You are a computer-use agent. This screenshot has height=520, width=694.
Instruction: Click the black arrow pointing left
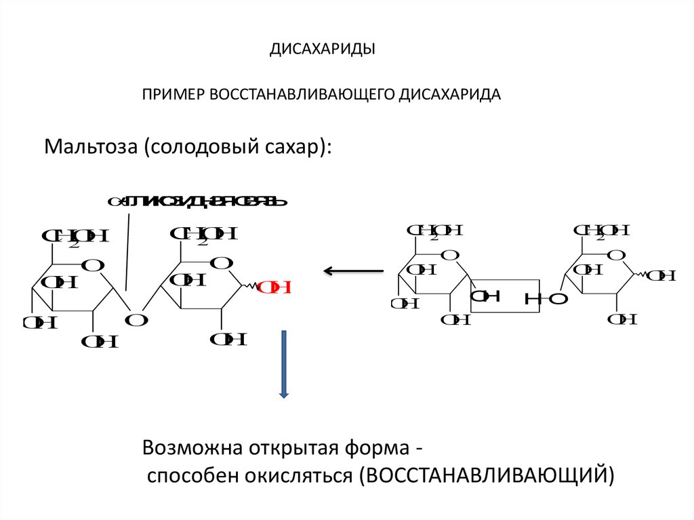click(352, 272)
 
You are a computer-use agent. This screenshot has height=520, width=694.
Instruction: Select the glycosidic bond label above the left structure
click(197, 201)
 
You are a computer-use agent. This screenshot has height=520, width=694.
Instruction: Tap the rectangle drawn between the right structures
click(505, 296)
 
